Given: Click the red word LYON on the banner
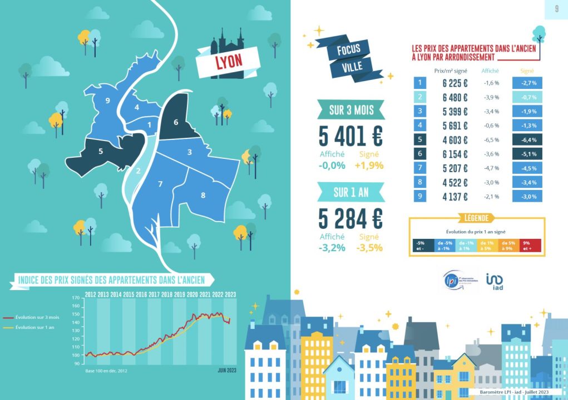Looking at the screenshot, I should pos(229,61).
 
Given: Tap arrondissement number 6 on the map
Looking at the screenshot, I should pos(176,122).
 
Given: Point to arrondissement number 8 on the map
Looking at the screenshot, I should pos(203,195).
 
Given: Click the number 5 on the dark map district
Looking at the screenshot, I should pos(101,151).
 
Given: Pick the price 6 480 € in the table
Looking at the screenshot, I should pos(455,98).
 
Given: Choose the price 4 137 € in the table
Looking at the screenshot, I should pos(455,197).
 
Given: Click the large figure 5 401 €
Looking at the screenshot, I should pos(350,136).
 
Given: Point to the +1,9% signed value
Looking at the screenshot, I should pos(370,166).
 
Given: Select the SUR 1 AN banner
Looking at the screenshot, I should pos(350,193).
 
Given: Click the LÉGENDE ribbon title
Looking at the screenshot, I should pos(476,218).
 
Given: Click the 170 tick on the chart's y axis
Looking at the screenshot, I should pos(76,298).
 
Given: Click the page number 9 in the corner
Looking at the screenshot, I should pos(557,9).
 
